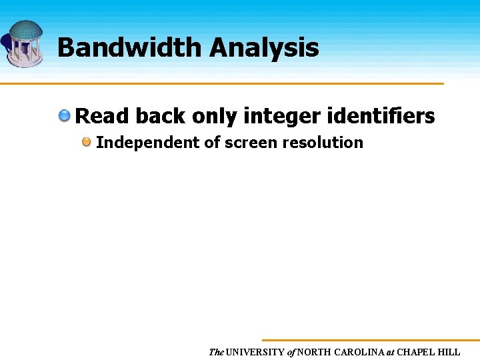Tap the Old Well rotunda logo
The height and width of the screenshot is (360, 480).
25,43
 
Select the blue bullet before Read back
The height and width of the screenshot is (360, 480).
64,117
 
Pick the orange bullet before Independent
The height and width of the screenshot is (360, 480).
87,142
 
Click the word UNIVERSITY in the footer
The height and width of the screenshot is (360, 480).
255,352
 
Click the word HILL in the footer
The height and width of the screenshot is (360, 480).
450,352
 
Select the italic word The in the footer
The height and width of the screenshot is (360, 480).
216,352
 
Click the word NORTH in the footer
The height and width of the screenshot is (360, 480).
315,352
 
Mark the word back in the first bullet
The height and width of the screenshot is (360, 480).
160,117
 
